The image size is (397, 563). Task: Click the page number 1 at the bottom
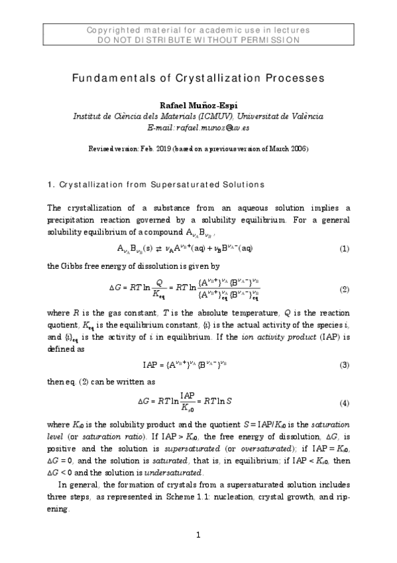click(198, 536)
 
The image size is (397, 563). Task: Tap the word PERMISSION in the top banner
click(270, 40)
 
